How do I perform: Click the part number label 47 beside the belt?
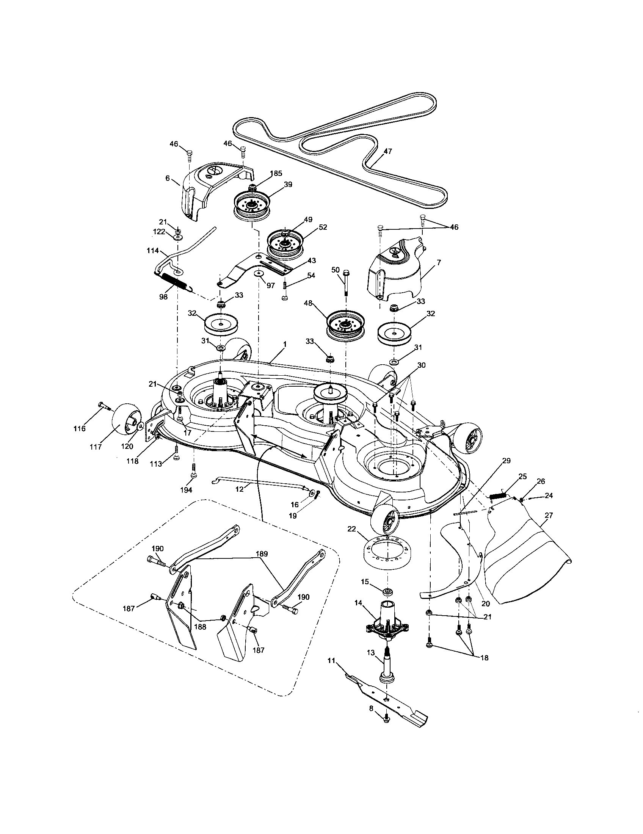click(387, 151)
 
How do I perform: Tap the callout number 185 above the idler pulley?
click(276, 173)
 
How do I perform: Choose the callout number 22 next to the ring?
click(352, 528)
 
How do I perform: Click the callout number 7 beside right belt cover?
click(439, 263)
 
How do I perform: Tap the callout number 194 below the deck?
click(187, 490)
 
